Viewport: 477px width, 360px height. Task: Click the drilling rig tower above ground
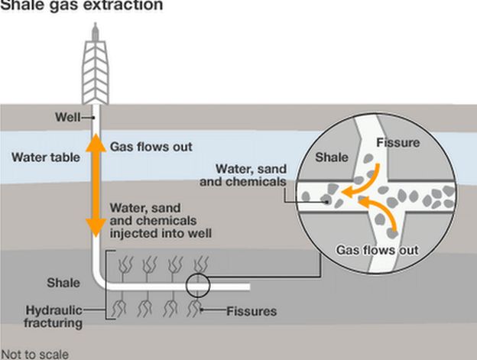[95, 65]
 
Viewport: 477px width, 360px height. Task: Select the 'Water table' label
[41, 158]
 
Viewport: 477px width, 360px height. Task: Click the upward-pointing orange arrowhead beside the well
[95, 141]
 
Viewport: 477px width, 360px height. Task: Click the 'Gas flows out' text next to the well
[151, 146]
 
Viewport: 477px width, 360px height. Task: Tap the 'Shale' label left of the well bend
[63, 283]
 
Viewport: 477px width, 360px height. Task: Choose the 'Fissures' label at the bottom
[251, 311]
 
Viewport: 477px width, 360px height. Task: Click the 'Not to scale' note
[35, 354]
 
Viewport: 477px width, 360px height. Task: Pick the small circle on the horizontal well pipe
[196, 287]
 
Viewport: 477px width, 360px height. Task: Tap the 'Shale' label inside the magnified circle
[332, 157]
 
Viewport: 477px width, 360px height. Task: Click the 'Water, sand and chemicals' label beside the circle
[251, 176]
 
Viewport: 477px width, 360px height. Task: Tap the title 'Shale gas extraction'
[81, 5]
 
